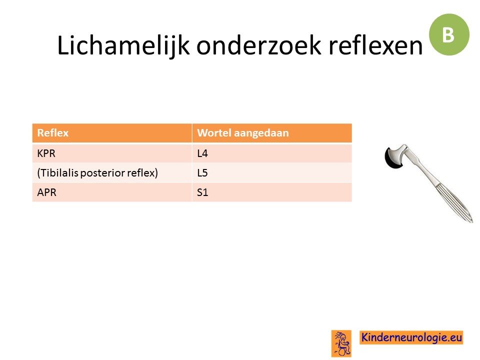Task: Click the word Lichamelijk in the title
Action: pos(123,46)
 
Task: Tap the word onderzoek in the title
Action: pos(258,45)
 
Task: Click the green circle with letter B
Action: pos(449,34)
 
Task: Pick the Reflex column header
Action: pos(112,133)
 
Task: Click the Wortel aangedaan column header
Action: pos(272,133)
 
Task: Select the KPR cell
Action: pos(112,153)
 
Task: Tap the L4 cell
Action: pos(272,153)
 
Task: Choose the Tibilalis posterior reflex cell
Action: pos(112,172)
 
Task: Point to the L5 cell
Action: pos(272,172)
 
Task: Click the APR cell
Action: pos(112,192)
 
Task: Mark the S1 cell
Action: pos(272,192)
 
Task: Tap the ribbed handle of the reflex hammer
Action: pos(450,196)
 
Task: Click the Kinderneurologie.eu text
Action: pos(411,337)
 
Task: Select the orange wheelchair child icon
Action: pos(341,343)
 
